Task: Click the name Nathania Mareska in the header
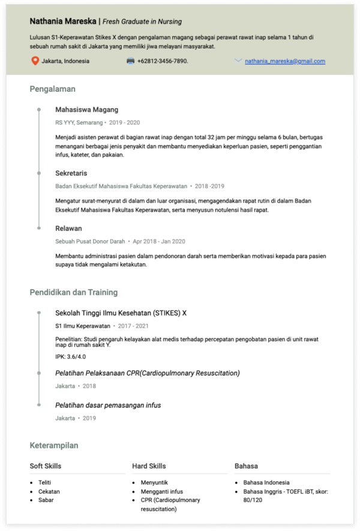pyautogui.click(x=63, y=21)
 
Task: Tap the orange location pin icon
pyautogui.click(x=35, y=61)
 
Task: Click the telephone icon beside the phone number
pyautogui.click(x=130, y=61)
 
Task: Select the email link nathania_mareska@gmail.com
pyautogui.click(x=285, y=61)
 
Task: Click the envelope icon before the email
pyautogui.click(x=238, y=61)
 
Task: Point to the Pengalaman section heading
pyautogui.click(x=53, y=89)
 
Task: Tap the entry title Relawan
pyautogui.click(x=68, y=229)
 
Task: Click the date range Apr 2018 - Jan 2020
pyautogui.click(x=159, y=242)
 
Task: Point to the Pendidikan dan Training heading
pyautogui.click(x=73, y=293)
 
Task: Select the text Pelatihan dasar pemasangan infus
pyautogui.click(x=108, y=405)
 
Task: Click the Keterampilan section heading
pyautogui.click(x=54, y=446)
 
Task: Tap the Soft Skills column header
pyautogui.click(x=46, y=466)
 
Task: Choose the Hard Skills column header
pyautogui.click(x=149, y=466)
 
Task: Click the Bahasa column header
pyautogui.click(x=246, y=466)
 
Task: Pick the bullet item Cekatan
pyautogui.click(x=49, y=491)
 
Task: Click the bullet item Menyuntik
pyautogui.click(x=154, y=482)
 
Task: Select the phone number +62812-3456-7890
pyautogui.click(x=163, y=61)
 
